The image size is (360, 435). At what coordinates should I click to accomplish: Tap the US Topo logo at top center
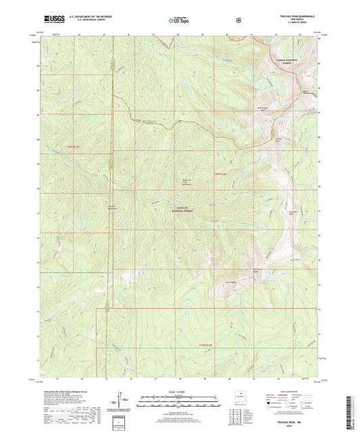179,21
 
